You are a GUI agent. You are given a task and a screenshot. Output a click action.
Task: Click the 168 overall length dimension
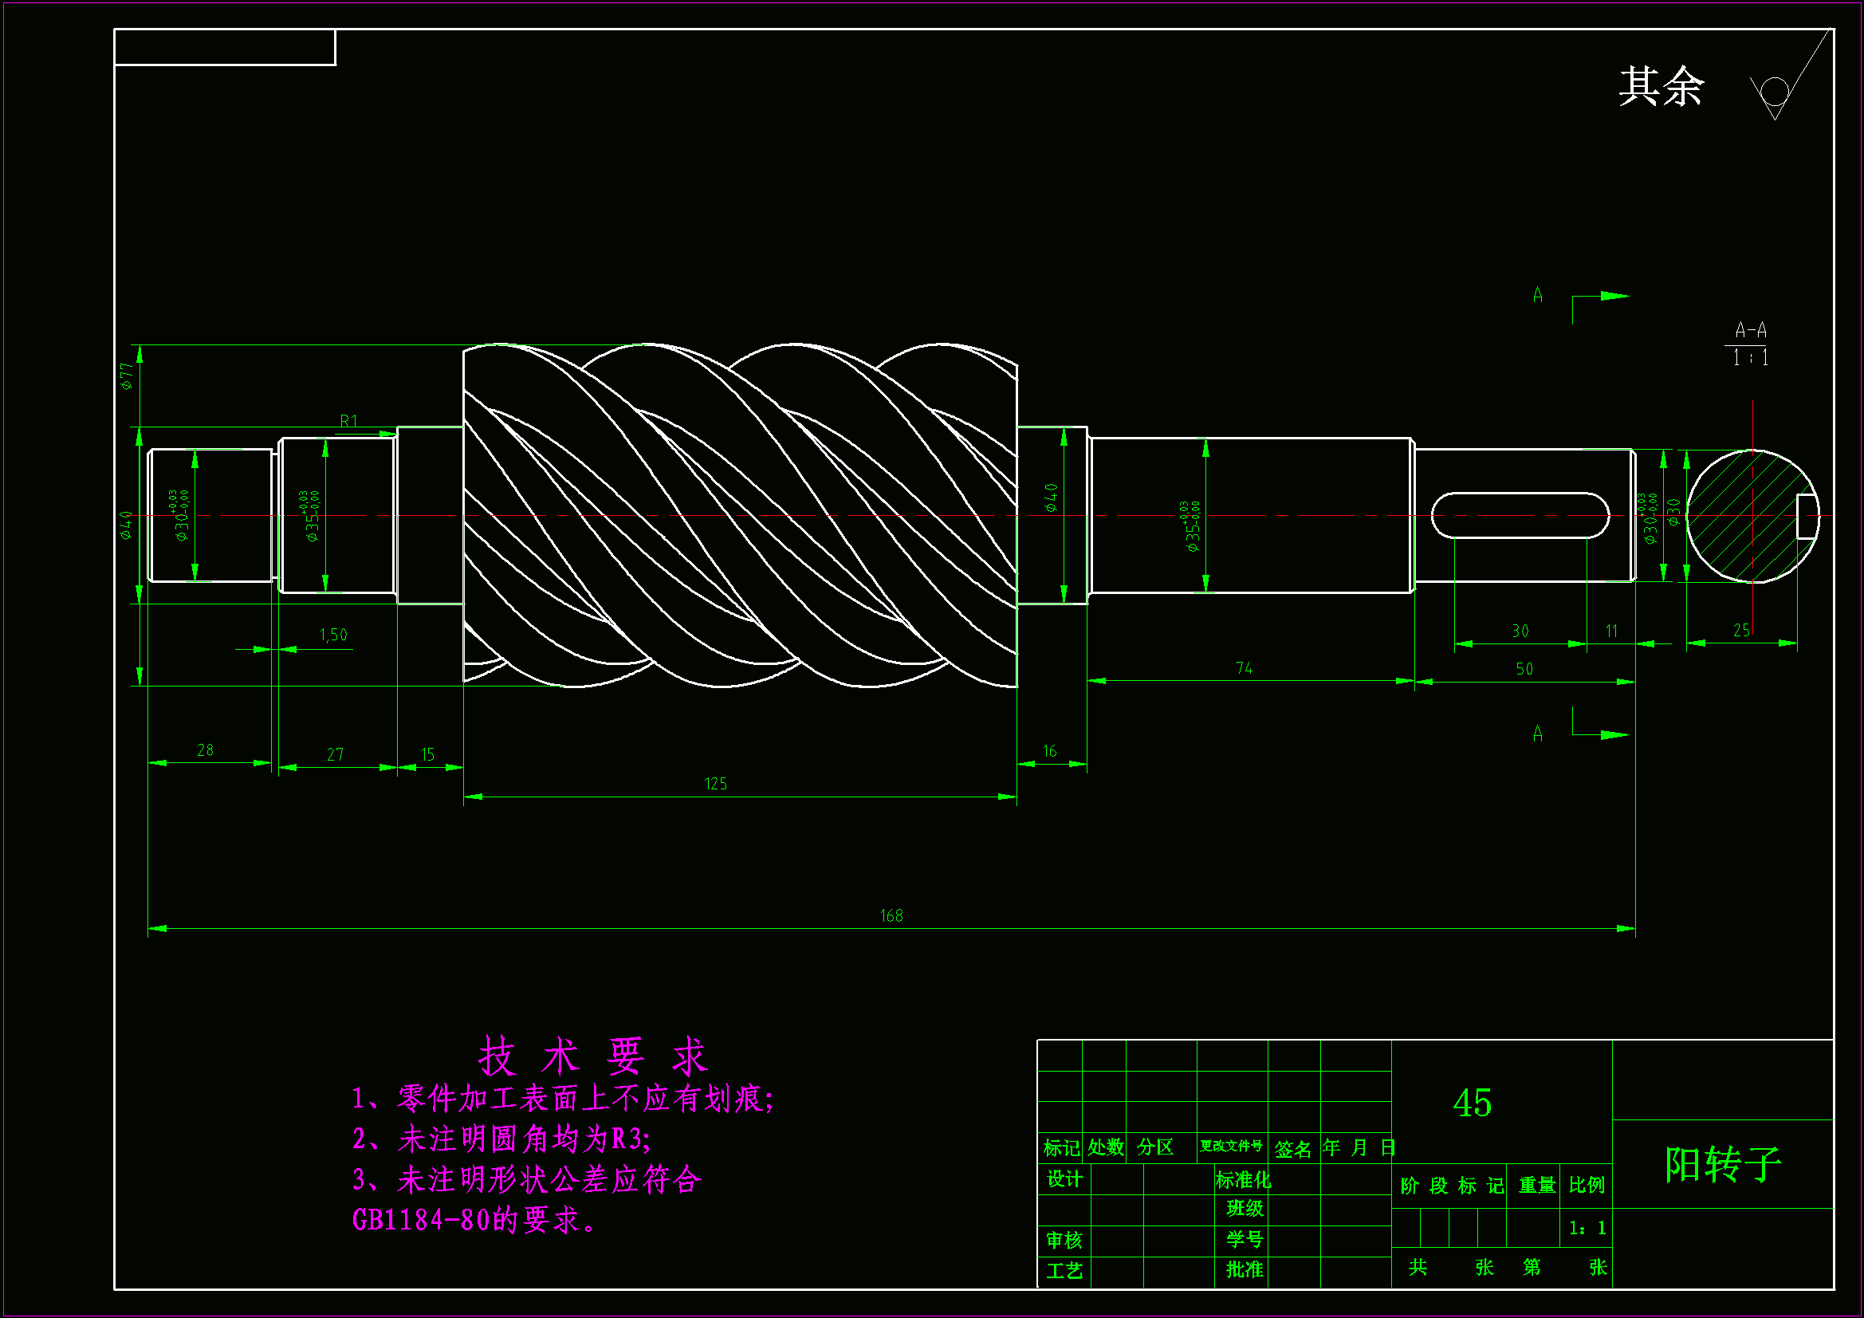[x=891, y=916]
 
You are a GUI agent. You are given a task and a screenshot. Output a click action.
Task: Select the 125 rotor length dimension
[x=715, y=784]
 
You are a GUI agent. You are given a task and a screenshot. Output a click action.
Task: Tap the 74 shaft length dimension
[x=1244, y=668]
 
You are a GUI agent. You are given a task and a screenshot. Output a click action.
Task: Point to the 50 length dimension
[x=1524, y=669]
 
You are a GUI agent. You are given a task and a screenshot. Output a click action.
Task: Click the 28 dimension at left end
[x=206, y=750]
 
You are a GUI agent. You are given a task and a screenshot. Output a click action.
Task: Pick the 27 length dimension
[x=336, y=754]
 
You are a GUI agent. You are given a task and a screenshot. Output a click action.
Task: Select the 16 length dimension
[x=1050, y=751]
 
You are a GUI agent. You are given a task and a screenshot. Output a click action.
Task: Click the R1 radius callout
[x=348, y=421]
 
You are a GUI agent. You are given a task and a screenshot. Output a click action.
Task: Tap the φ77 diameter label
[x=127, y=376]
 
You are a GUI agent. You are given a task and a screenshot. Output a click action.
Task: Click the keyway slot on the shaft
[x=1520, y=515]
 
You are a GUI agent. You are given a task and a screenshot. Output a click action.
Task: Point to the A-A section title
[x=1750, y=331]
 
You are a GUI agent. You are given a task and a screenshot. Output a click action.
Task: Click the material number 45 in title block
[x=1472, y=1103]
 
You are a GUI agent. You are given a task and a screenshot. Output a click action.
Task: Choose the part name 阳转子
[x=1723, y=1165]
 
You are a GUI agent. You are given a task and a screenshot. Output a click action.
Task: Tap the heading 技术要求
[x=592, y=1056]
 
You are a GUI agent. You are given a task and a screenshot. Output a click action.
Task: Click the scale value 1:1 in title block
[x=1587, y=1228]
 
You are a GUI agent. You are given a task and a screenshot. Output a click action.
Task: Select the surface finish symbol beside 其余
[x=1779, y=89]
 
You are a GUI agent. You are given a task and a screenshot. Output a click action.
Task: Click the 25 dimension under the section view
[x=1741, y=630]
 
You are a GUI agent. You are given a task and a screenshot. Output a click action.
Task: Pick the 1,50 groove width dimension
[x=333, y=635]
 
